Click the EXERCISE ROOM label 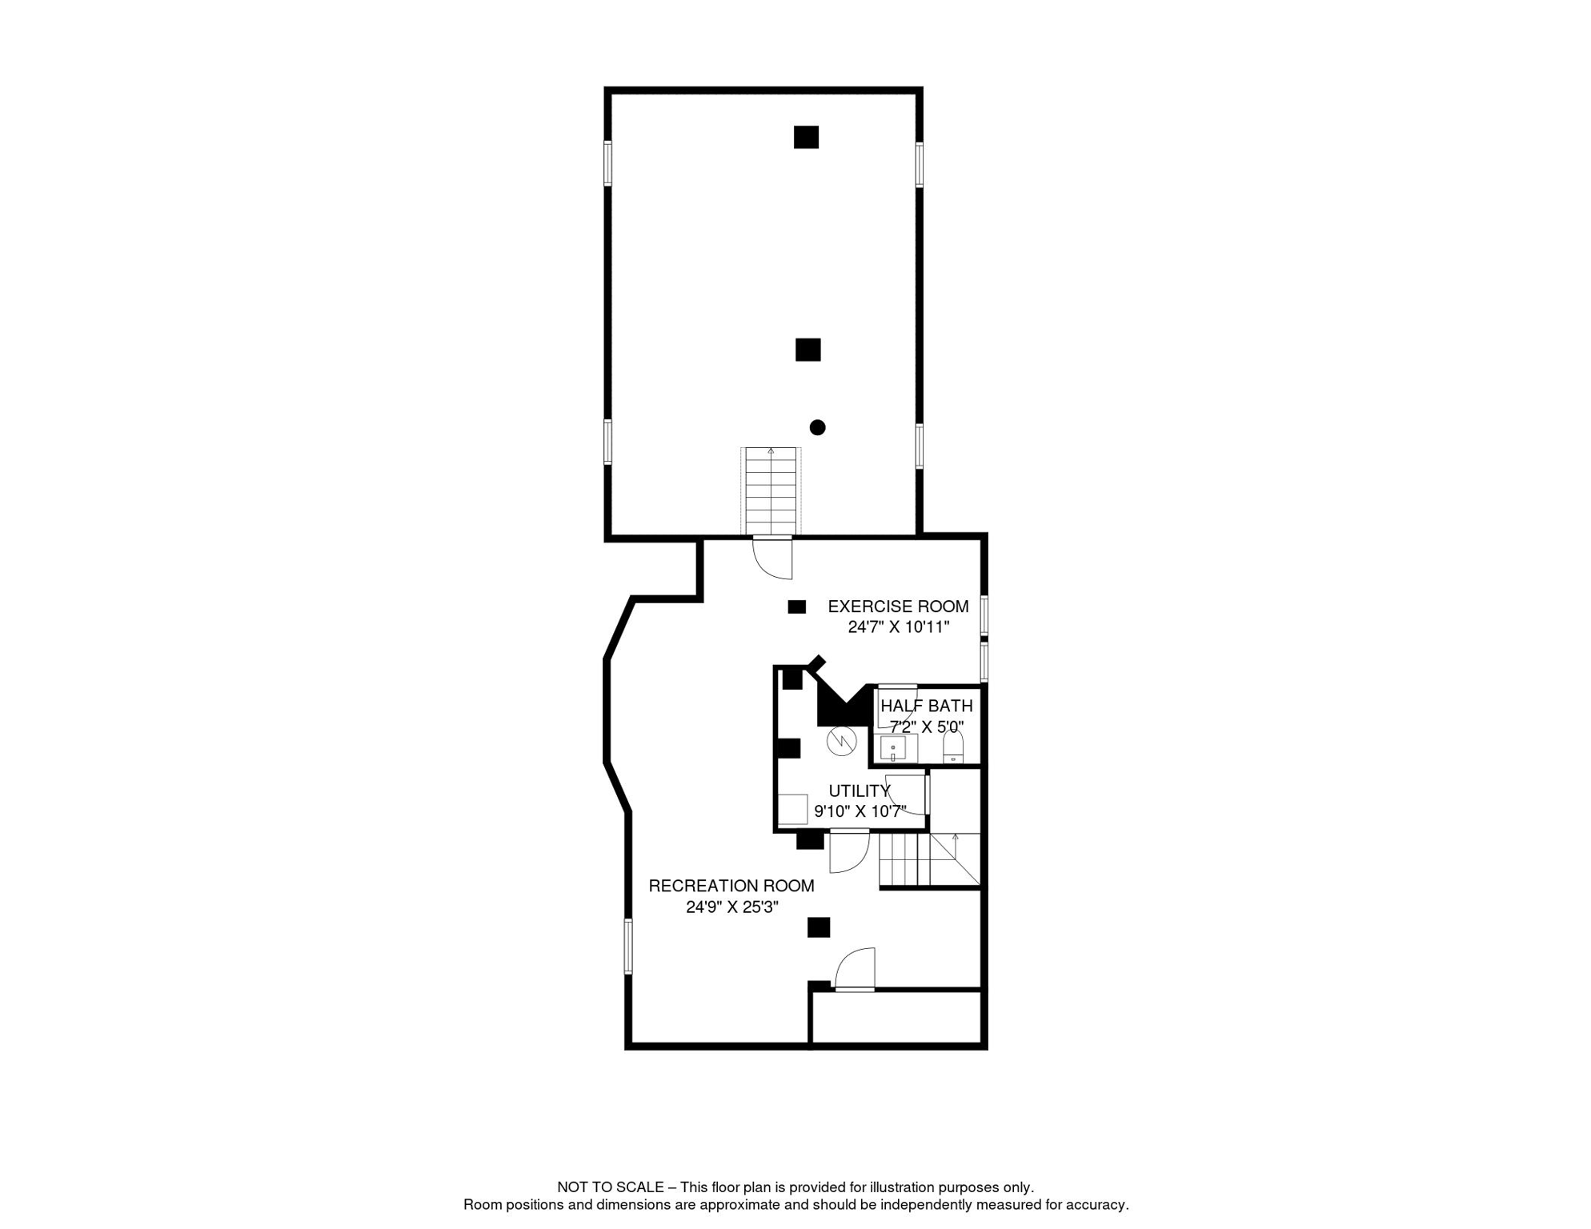point(897,606)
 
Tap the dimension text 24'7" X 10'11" point(898,627)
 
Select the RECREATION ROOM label point(731,886)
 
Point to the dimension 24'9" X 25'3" point(731,907)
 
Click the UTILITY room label point(859,791)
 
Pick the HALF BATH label point(926,706)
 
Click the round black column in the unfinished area point(817,427)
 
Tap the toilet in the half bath point(952,748)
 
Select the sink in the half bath point(892,749)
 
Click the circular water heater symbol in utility point(841,741)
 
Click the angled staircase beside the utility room point(928,859)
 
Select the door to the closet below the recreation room point(856,970)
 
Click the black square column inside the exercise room point(796,606)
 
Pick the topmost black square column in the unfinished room point(806,137)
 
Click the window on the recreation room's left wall point(628,946)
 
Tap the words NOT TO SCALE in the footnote point(610,1187)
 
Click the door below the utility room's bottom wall point(849,851)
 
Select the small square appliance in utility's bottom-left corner point(792,809)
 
